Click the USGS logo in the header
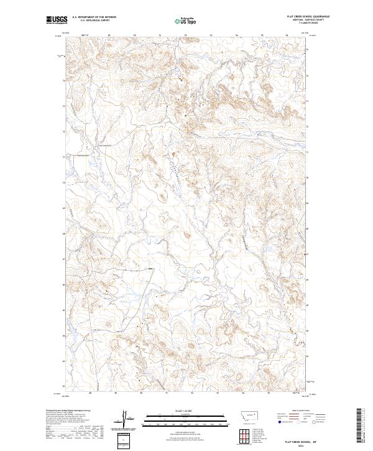tap(56, 21)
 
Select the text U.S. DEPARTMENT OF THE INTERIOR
tap(94, 18)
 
